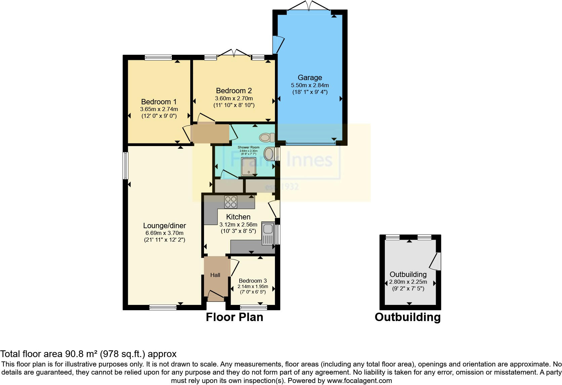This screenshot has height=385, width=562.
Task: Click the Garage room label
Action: point(310,78)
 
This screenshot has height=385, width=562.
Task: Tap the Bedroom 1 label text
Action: point(159,102)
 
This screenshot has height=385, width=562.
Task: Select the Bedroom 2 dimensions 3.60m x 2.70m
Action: point(234,98)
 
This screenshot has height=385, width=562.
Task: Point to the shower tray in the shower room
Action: point(248,167)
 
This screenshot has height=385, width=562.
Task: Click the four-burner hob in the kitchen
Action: point(231,202)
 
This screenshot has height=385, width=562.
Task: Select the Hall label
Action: point(215,275)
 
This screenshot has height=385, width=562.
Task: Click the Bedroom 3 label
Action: point(252,281)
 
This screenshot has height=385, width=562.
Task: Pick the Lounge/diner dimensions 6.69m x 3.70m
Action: point(164,233)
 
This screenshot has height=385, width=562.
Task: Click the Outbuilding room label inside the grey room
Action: point(408,274)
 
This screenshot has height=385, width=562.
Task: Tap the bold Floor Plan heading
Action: point(234,317)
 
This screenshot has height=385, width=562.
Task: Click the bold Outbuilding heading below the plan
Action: point(407,317)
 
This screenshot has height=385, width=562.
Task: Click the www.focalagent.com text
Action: point(359,381)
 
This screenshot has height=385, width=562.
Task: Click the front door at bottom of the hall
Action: point(215,297)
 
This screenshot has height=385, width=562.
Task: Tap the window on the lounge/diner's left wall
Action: point(125,166)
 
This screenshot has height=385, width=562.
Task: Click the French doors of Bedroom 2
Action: point(234,54)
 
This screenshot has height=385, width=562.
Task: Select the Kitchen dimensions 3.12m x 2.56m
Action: point(238,224)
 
